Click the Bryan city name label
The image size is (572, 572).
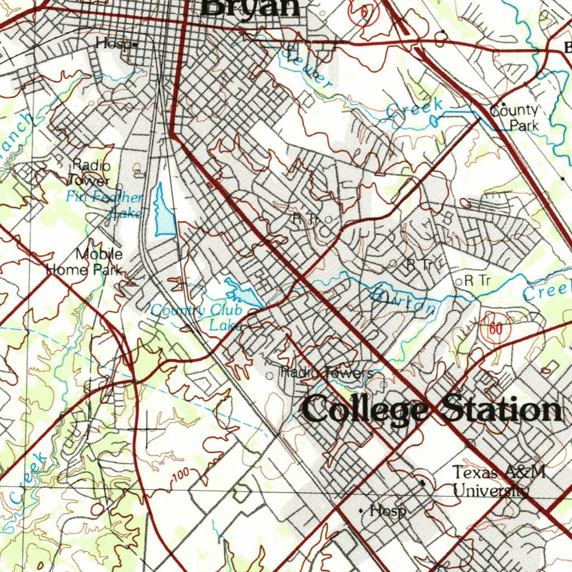point(250,8)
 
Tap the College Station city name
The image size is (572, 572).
point(431,410)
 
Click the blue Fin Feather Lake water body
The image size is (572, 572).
point(164,213)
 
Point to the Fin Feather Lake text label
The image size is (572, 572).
point(105,204)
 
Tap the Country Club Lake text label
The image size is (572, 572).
point(197,317)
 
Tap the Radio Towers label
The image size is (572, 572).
point(327,373)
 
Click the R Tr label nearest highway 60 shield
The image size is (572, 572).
point(476,281)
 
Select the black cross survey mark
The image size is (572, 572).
point(147,428)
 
